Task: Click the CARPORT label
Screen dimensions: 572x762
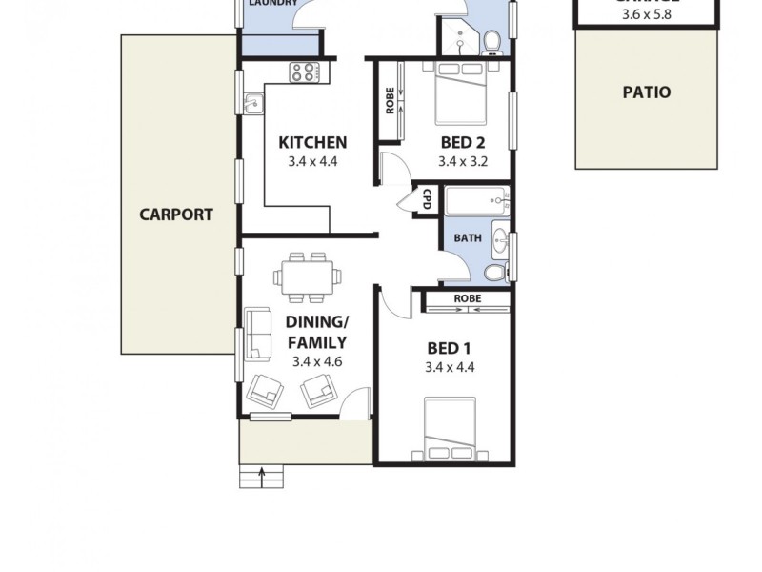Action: pos(176,214)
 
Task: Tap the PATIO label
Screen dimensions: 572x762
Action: pos(646,92)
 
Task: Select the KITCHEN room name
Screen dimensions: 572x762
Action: pos(311,143)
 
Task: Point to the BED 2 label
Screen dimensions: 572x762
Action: pos(462,143)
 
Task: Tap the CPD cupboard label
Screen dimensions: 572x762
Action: pos(427,200)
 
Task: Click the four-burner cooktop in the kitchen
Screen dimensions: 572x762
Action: pos(305,71)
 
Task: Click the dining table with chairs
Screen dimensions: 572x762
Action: pos(310,276)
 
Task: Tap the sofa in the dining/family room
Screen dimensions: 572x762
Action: pos(255,334)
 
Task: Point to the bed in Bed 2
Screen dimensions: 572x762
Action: pos(462,92)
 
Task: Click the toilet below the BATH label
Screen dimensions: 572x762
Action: pos(495,273)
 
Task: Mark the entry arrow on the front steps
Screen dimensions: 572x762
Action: pos(264,474)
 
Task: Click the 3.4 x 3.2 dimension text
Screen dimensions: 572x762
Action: pos(462,162)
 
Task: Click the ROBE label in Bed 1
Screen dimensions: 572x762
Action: pos(467,298)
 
